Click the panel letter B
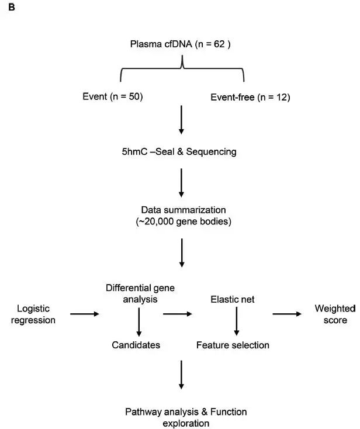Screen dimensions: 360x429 (x=12, y=7)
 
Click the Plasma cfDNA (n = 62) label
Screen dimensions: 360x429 (x=180, y=44)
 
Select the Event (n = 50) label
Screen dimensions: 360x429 (x=113, y=96)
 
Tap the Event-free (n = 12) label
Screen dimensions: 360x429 (x=250, y=98)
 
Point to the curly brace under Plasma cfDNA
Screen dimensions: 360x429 (x=182, y=68)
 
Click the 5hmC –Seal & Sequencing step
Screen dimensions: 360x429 (x=179, y=151)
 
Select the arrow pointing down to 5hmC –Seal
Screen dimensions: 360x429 (x=181, y=120)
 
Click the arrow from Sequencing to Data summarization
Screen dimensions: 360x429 (x=181, y=183)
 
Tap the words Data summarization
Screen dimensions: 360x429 (x=184, y=210)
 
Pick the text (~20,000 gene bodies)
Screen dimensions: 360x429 (x=184, y=222)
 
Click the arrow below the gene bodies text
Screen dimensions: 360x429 (x=182, y=253)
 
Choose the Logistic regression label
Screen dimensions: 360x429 (x=33, y=314)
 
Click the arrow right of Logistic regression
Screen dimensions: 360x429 (x=85, y=314)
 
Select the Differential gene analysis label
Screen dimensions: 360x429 (x=140, y=293)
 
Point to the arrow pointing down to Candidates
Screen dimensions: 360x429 (x=139, y=322)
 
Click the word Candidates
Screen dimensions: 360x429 (x=136, y=345)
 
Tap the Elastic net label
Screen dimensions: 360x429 (x=233, y=299)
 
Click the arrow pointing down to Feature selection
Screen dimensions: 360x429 (x=237, y=321)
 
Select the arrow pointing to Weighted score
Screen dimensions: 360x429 (x=287, y=314)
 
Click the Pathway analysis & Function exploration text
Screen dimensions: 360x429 (x=186, y=417)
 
